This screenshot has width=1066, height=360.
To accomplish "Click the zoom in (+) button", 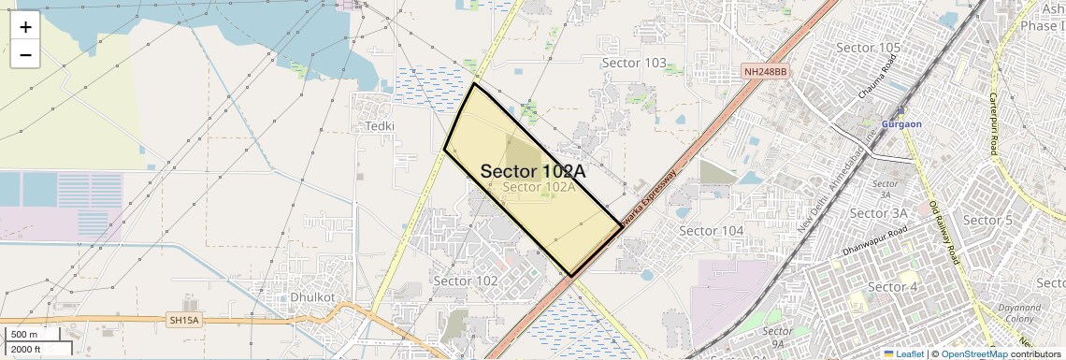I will (25, 27).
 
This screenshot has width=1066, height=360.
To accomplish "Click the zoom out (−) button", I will (25, 55).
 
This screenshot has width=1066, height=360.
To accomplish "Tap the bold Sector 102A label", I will (532, 171).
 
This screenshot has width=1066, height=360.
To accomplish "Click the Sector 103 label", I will (634, 63).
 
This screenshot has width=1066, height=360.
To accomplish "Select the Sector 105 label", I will (868, 48).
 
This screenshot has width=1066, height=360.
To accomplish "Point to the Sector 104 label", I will (711, 230).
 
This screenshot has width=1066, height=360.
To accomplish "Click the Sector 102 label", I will (466, 281).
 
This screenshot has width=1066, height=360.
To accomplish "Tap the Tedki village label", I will (381, 126).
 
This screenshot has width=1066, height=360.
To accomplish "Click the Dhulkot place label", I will (313, 296).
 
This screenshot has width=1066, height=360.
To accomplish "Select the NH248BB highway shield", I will (766, 71).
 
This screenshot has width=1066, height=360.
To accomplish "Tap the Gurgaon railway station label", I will (901, 123).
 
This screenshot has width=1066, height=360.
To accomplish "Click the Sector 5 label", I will (987, 221).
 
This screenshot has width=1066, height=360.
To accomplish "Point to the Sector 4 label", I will (892, 286).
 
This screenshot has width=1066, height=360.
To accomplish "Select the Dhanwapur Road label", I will (874, 241).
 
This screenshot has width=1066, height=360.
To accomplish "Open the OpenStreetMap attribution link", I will (973, 353).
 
